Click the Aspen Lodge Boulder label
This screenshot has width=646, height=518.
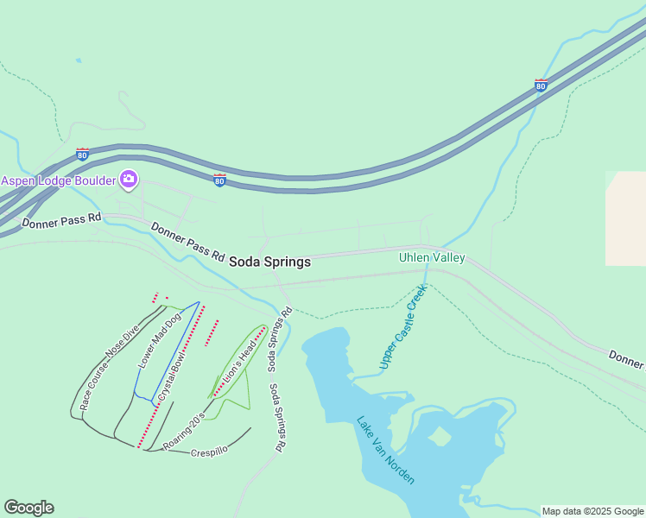pyautogui.click(x=58, y=180)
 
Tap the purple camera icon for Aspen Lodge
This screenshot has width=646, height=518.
pyautogui.click(x=129, y=180)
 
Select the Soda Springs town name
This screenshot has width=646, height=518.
pyautogui.click(x=269, y=262)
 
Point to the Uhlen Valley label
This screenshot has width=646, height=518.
pyautogui.click(x=432, y=257)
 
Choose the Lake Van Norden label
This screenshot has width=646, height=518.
pyautogui.click(x=385, y=450)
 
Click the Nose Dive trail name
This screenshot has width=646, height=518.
pyautogui.click(x=122, y=342)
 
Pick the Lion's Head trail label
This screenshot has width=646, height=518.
pyautogui.click(x=239, y=363)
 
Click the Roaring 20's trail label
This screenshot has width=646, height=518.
pyautogui.click(x=184, y=430)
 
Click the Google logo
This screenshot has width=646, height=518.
pyautogui.click(x=28, y=508)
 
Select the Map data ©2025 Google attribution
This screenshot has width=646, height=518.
pyautogui.click(x=592, y=511)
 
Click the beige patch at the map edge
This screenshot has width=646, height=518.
pyautogui.click(x=626, y=218)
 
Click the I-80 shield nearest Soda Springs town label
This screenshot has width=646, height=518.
pyautogui.click(x=220, y=180)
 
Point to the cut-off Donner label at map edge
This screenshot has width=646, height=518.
pyautogui.click(x=626, y=357)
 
